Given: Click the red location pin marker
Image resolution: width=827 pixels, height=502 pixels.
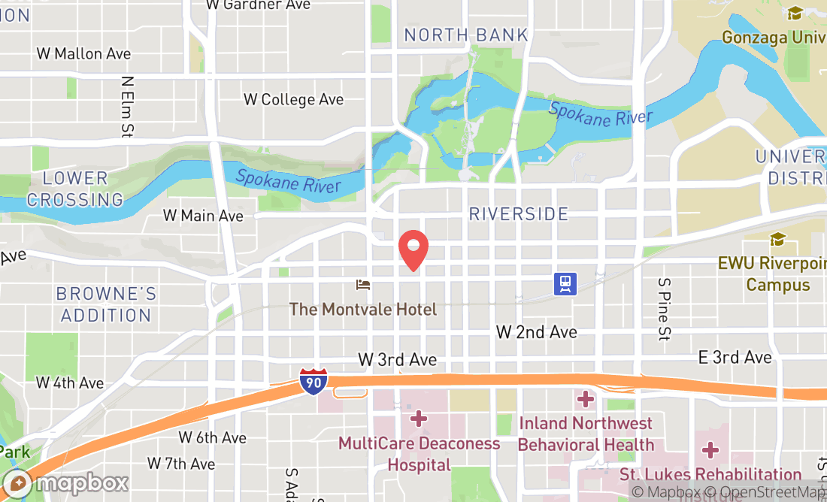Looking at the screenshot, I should coord(413,249).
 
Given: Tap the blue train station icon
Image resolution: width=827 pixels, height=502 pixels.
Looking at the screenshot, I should coord(565,283).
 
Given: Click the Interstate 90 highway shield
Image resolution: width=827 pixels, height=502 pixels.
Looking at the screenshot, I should coord(313,381).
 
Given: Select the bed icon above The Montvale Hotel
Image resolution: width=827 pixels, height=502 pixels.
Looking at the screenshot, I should coord(363,285).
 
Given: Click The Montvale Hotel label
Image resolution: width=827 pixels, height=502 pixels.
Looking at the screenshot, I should coord(363,309).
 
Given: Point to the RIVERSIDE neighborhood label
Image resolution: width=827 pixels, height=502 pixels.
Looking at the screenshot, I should coord(519,214).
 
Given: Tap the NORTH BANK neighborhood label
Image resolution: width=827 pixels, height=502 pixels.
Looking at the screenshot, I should coord(466,35).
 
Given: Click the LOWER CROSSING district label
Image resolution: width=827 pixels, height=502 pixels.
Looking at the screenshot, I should coord(75,189).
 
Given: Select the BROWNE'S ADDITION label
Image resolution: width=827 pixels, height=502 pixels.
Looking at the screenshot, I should coord(106,304).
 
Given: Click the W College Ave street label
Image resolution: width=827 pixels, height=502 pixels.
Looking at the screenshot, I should coord(293,99).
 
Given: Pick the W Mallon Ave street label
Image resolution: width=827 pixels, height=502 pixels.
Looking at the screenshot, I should coord(83,53).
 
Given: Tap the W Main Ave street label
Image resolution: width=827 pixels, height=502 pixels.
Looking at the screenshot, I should coord(204,216).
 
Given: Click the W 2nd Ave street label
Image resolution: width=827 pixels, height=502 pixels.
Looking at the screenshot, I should coord(537,331).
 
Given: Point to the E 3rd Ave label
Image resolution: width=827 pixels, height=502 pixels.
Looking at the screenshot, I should coord(735,357).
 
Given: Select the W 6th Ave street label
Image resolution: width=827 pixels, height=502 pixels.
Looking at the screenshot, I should coord(213,437).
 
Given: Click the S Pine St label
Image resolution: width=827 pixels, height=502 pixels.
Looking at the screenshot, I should coord(663,309).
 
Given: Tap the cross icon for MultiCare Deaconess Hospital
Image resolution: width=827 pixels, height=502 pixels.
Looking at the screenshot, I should coord(419,417).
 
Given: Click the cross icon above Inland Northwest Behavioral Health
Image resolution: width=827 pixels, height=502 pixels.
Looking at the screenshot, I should coord(586,398).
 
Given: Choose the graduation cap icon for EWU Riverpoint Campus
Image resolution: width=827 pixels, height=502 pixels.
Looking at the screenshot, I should coord(777,240).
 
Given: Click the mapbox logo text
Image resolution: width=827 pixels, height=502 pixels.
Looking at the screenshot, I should coord(71,482).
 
